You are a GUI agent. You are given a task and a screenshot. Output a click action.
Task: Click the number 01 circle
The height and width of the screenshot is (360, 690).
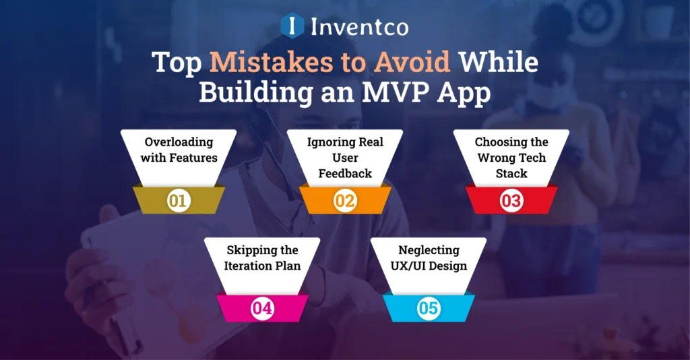(179, 201)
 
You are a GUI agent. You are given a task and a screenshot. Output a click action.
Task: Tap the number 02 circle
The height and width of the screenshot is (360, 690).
(345, 201)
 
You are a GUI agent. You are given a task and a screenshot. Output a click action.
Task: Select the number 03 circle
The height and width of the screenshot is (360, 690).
(511, 201)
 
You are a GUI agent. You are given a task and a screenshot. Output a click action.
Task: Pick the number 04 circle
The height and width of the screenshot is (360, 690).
(262, 309)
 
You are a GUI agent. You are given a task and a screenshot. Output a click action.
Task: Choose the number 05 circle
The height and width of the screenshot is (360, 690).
(429, 309)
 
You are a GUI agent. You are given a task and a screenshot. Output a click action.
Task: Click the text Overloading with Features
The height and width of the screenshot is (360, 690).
(179, 150)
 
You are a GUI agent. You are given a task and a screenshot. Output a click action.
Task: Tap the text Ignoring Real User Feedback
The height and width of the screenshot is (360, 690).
(345, 157)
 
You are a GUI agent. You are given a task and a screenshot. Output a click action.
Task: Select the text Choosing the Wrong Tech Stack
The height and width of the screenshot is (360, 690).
(511, 157)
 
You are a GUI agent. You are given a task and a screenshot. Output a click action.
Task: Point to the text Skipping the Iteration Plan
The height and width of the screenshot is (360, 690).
(262, 258)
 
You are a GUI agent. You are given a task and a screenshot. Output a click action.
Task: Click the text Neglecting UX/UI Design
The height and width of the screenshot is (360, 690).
(429, 258)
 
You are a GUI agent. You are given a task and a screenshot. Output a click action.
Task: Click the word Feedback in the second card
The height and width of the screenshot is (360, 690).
(345, 173)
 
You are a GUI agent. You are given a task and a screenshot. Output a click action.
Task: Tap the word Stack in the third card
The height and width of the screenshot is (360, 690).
(511, 173)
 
